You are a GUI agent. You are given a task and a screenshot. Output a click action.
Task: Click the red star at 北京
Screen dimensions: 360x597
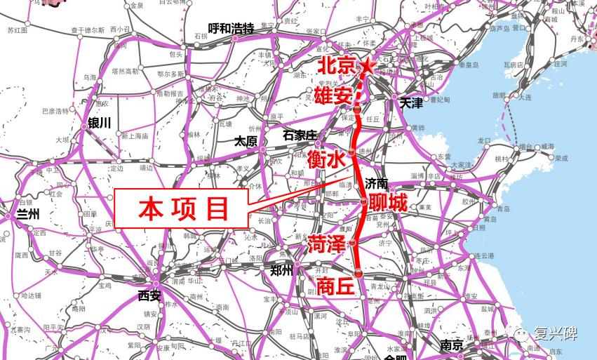tap(367, 66)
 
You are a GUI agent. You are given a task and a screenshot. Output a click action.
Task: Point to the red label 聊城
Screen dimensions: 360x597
tap(387, 204)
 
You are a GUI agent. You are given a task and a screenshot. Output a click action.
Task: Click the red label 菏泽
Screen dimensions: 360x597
tap(328, 245)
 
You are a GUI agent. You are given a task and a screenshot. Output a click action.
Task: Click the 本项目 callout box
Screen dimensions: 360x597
tap(181, 208)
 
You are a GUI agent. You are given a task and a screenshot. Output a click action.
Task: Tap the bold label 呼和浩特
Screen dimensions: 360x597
tap(231, 28)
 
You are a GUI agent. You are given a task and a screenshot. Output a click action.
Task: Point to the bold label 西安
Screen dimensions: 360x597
tap(150, 295)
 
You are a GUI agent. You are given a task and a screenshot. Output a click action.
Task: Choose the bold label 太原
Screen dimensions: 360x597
tap(246, 141)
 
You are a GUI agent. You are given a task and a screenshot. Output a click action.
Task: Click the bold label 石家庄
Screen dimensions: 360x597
tap(300, 134)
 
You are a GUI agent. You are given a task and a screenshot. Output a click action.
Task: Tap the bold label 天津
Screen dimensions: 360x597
tap(411, 103)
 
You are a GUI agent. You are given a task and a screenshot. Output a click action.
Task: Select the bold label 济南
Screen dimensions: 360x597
tap(377, 184)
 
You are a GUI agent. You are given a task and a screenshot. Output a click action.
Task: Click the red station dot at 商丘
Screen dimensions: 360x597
tap(358, 272)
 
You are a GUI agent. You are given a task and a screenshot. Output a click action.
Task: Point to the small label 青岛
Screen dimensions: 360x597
tap(502, 209)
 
